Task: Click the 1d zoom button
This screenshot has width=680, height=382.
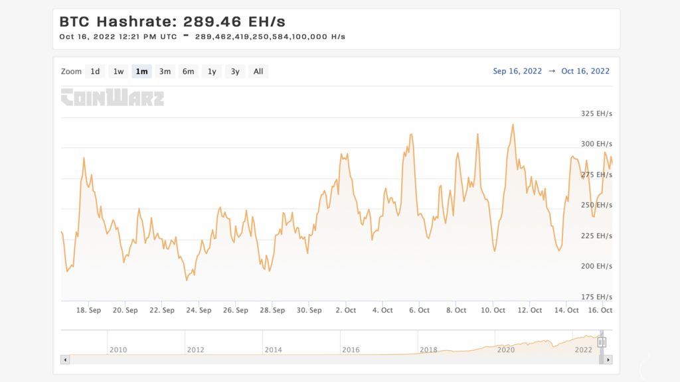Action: [x=95, y=72]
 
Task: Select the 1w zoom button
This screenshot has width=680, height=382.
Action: [x=118, y=72]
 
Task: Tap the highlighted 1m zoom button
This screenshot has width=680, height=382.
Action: [x=141, y=72]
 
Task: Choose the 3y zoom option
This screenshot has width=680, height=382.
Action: [x=235, y=72]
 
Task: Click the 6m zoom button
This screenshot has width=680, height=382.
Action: [x=189, y=72]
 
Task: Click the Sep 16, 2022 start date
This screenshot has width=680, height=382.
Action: [x=517, y=71]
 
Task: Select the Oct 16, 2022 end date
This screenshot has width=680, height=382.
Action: [x=585, y=71]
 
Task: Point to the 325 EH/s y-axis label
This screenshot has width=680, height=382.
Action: [x=596, y=113]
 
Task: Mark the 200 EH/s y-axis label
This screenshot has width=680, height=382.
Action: [x=596, y=266]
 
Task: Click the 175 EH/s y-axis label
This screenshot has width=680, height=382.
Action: [x=596, y=296]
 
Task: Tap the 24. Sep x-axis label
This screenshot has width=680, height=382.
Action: [x=199, y=310]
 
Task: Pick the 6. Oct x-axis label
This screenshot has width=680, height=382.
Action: [x=419, y=310]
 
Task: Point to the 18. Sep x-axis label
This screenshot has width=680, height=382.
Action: [x=88, y=310]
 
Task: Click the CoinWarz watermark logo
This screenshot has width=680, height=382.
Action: [x=112, y=97]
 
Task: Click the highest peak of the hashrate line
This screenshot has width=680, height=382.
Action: [x=513, y=124]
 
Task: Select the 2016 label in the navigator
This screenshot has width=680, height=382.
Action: [x=351, y=350]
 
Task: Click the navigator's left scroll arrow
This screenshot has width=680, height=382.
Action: [x=65, y=359]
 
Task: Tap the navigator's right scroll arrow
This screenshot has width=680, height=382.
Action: [x=608, y=359]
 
